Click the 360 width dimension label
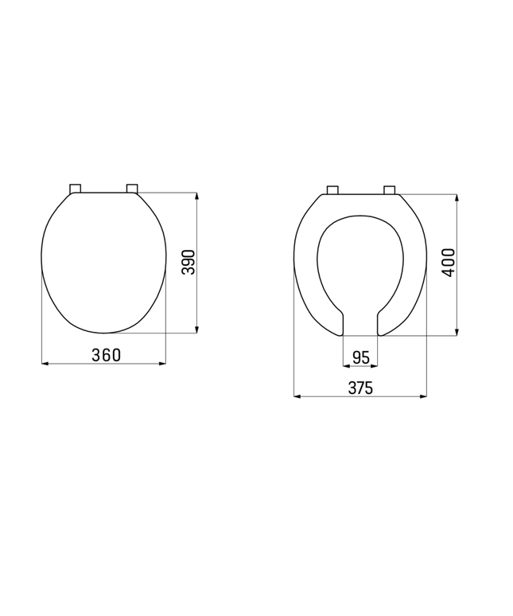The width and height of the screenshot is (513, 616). click(x=106, y=355)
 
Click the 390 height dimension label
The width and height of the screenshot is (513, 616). click(x=188, y=262)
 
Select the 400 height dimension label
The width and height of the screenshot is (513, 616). click(x=449, y=262)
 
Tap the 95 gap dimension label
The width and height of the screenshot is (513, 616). click(x=360, y=357)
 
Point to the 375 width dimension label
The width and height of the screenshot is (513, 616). click(x=360, y=388)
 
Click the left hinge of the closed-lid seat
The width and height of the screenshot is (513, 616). click(x=76, y=189)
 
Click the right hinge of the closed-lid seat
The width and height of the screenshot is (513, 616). click(x=132, y=189)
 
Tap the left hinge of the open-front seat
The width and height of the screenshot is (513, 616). click(x=333, y=189)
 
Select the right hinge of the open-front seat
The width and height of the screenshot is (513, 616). click(x=389, y=189)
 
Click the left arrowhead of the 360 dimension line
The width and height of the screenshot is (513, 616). click(x=45, y=364)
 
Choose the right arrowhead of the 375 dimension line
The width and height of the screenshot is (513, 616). click(x=423, y=396)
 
